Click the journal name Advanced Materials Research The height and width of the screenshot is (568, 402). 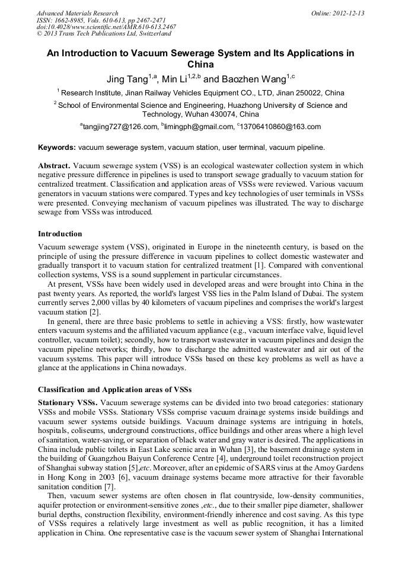click(x=77, y=13)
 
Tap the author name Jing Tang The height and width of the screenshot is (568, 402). click(x=126, y=79)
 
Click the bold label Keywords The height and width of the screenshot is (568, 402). click(x=56, y=147)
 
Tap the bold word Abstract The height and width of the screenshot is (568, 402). click(x=54, y=166)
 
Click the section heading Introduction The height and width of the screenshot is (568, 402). click(x=60, y=234)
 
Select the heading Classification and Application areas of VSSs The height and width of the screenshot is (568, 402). click(x=114, y=389)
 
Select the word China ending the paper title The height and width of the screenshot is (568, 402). click(x=200, y=65)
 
